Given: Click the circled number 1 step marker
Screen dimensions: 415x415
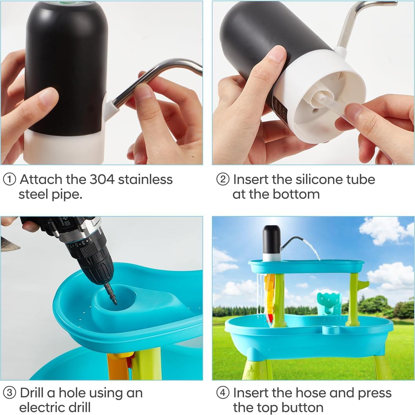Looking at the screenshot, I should tap(10, 180).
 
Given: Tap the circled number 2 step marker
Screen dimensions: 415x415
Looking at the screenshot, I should tap(223, 180).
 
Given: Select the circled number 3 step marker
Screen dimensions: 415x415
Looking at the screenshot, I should tap(10, 393).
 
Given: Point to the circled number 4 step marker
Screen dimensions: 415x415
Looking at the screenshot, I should tap(223, 393).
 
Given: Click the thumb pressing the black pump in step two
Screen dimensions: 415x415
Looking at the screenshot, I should tap(277, 60).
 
